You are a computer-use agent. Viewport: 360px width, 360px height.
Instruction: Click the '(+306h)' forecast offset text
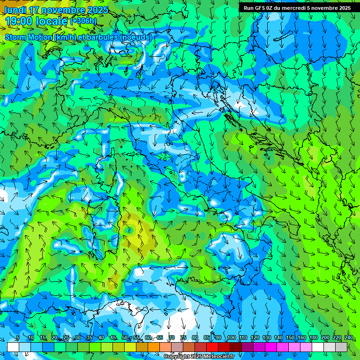(83, 21)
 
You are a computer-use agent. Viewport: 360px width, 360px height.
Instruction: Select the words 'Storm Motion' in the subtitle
(29, 37)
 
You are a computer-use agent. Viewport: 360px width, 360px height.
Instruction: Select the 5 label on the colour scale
(18, 338)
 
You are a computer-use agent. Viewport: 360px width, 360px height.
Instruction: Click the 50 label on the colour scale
(124, 338)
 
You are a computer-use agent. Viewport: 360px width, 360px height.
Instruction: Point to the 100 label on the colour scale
(231, 338)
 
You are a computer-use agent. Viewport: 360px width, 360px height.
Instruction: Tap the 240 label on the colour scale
(348, 338)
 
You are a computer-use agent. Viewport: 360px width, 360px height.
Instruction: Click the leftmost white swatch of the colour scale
(13, 347)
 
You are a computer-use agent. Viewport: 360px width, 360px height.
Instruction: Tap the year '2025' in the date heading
(97, 10)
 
